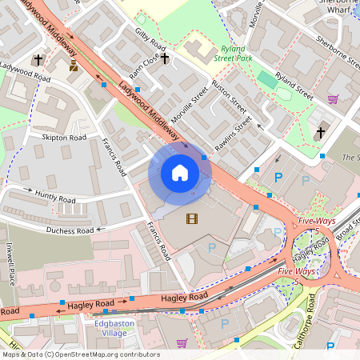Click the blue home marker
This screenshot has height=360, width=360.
coord(180,172)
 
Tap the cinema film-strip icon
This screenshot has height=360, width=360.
coord(190,218)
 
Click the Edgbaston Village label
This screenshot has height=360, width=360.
coord(110,328)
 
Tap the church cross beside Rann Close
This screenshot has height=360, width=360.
coord(165,58)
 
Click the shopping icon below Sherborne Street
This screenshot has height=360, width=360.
coord(333,99)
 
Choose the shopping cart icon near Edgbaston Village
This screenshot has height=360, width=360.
coord(182,343)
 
